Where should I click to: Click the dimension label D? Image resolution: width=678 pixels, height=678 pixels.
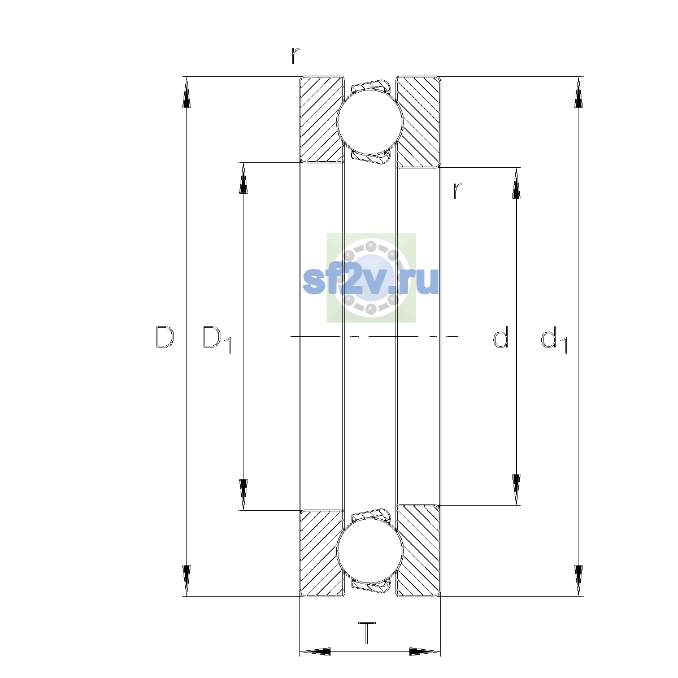coord(164,337)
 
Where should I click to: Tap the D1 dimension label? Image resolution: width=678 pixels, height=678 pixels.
coord(216,339)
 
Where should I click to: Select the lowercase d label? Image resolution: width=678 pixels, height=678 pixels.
coord(501,337)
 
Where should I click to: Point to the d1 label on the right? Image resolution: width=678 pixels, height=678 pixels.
coord(554,339)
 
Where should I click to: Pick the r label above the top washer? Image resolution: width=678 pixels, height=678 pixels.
coord(295,55)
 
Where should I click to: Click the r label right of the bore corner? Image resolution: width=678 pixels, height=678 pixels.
coord(458,191)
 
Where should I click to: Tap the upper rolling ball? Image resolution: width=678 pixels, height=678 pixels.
coord(370,121)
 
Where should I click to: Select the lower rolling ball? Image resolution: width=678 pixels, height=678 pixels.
coord(370,551)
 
